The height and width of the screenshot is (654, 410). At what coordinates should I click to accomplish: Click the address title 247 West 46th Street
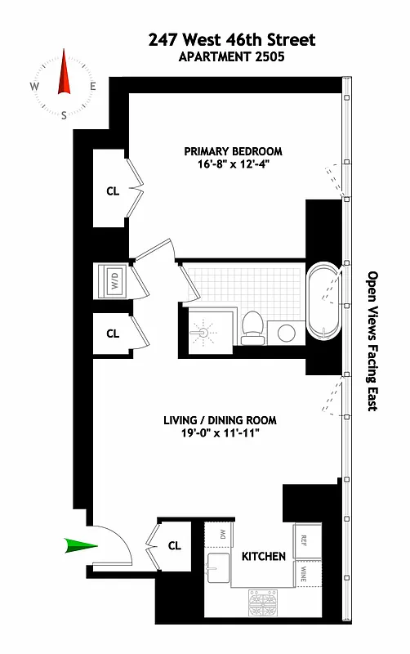coord(232,39)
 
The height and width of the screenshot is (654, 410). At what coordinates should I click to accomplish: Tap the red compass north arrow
coord(64,74)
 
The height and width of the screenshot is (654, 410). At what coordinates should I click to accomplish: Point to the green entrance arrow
coord(81,545)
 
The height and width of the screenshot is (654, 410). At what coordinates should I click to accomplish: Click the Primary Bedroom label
coord(233,151)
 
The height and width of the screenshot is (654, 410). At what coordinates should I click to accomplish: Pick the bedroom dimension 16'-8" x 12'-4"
coord(233,163)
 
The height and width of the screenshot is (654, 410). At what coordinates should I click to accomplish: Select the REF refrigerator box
coord(304,540)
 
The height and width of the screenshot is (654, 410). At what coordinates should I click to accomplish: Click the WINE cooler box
coord(304,572)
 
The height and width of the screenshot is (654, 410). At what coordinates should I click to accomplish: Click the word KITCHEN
coord(263,557)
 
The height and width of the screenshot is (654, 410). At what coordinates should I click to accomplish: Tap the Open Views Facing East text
coord(372,341)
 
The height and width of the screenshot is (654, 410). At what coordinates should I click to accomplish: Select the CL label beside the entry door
coord(175,545)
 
